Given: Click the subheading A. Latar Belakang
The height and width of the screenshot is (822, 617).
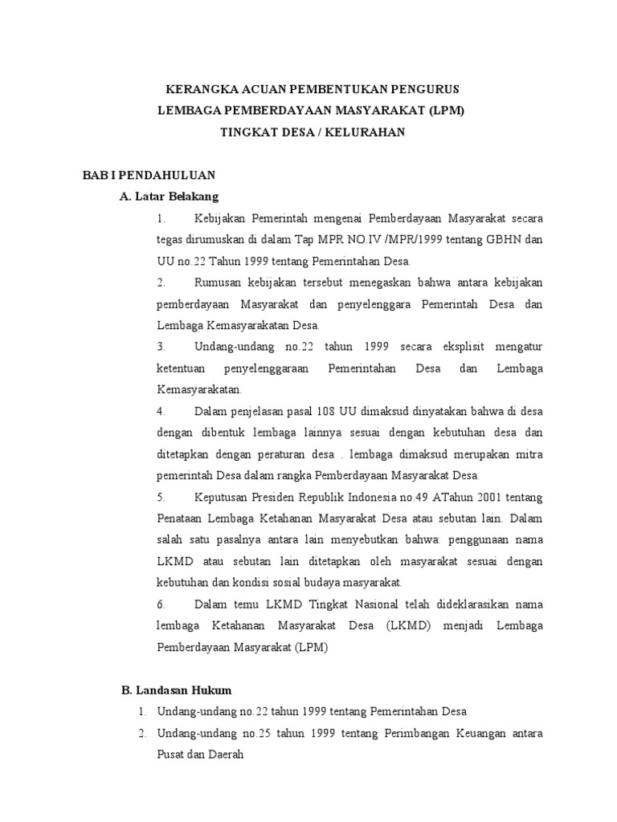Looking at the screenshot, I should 169,196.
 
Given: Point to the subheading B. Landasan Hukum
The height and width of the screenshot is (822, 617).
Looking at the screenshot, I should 175,690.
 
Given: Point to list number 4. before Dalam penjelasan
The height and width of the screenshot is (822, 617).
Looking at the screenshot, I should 161,412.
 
